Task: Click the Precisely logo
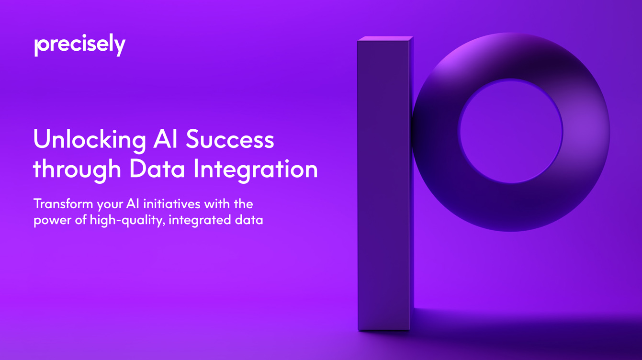click(79, 45)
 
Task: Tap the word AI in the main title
click(165, 139)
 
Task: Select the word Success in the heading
click(230, 139)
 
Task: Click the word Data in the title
click(157, 169)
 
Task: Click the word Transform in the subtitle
click(63, 204)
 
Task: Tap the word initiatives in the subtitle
click(172, 204)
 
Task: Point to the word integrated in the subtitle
click(200, 220)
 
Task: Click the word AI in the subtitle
click(133, 204)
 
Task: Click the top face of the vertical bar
click(385, 39)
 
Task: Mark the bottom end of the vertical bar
click(384, 330)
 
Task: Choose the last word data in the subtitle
click(249, 220)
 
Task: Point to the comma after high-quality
click(164, 225)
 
